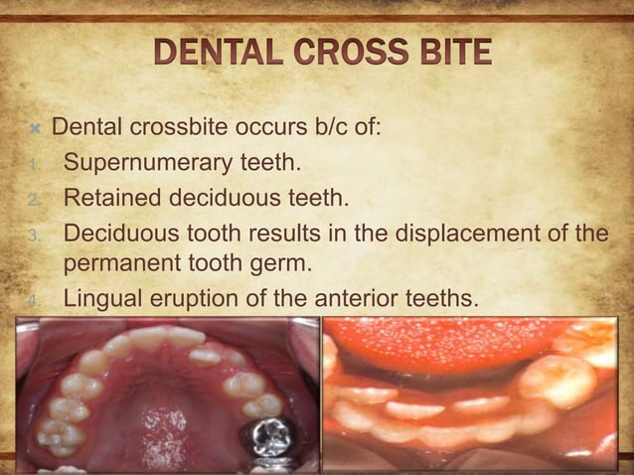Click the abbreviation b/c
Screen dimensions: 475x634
click(x=326, y=128)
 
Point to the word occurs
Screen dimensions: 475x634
click(x=263, y=128)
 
